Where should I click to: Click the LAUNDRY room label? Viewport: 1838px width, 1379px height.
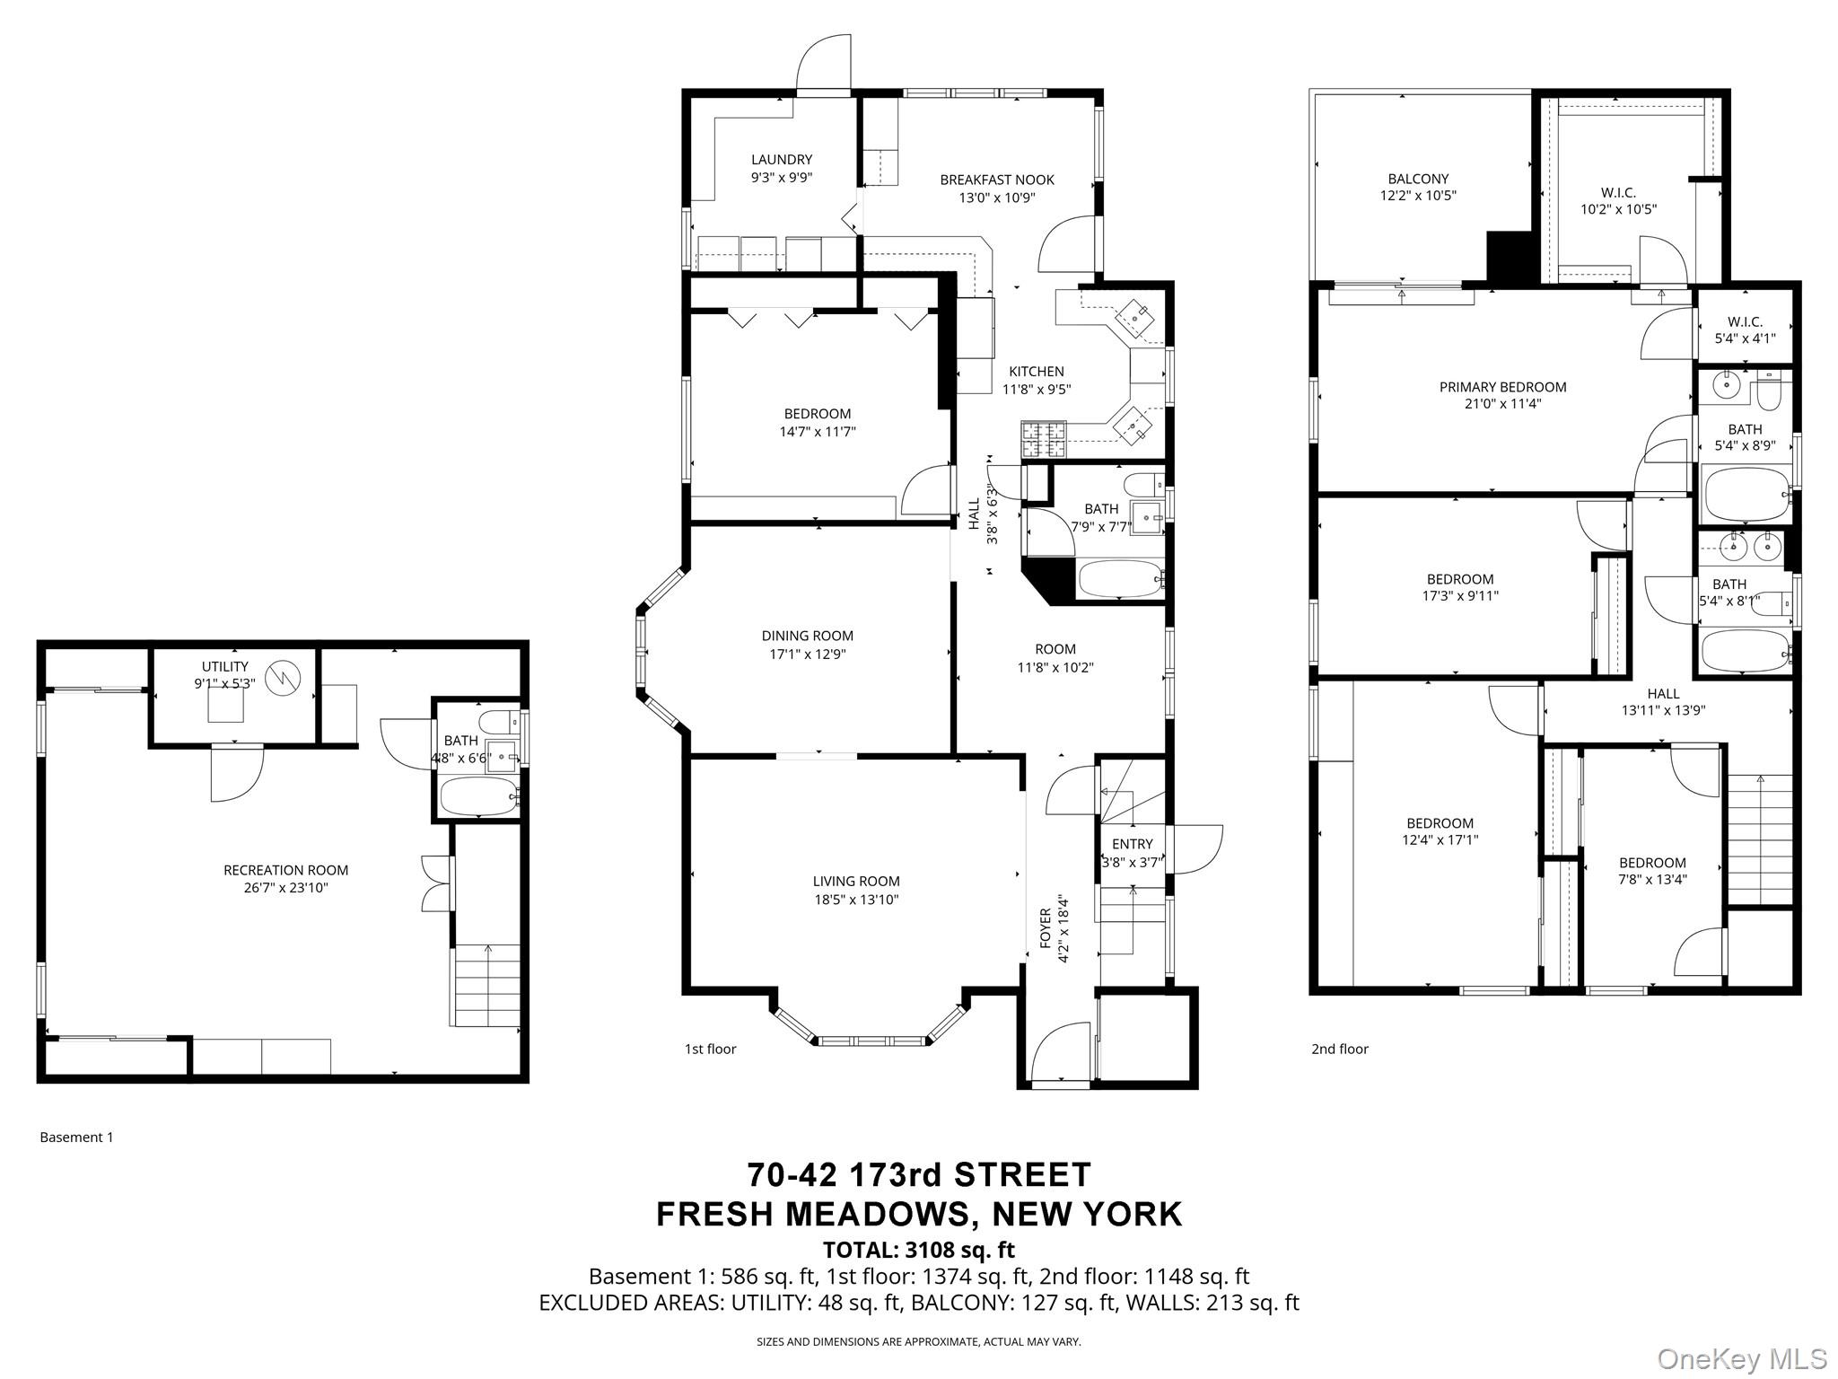click(x=781, y=160)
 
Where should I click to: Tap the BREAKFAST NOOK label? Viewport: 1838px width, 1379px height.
click(x=996, y=180)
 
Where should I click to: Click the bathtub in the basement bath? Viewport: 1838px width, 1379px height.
click(x=479, y=795)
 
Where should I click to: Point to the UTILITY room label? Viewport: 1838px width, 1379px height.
click(x=224, y=666)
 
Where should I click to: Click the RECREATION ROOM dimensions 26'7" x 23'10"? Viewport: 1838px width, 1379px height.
click(x=285, y=888)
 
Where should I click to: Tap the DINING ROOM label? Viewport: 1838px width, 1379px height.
click(x=807, y=636)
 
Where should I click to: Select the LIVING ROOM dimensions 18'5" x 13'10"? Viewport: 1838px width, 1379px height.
click(x=855, y=900)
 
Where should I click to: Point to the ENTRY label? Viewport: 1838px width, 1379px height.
click(x=1132, y=844)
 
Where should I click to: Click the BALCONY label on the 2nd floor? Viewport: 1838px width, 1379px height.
click(x=1417, y=179)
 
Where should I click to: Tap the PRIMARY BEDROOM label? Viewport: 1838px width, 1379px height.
click(x=1502, y=387)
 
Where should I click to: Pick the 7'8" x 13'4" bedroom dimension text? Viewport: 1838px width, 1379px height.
click(x=1652, y=880)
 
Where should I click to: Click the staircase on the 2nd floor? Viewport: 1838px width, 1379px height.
click(x=1759, y=839)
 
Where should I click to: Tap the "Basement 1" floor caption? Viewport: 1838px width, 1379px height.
click(x=76, y=1137)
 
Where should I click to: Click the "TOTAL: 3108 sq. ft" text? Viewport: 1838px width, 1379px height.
click(x=918, y=1250)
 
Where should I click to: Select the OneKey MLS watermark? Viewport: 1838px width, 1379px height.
click(x=1741, y=1358)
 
